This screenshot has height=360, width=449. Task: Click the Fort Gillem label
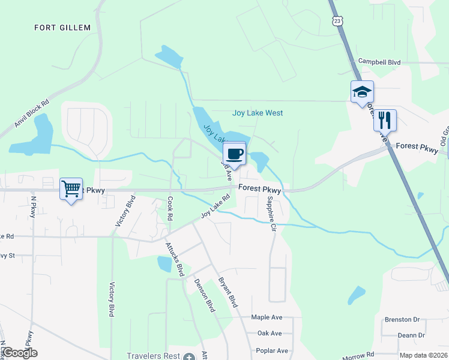click(62, 28)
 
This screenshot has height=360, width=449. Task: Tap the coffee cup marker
click(235, 154)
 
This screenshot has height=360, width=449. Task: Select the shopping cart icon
click(71, 189)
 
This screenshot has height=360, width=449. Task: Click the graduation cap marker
click(362, 92)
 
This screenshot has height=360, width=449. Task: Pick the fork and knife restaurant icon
click(385, 120)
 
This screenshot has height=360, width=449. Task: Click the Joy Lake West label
click(258, 113)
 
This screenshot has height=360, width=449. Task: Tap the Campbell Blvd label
click(379, 61)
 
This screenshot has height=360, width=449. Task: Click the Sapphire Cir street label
click(271, 207)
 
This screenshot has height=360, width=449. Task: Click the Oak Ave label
click(269, 334)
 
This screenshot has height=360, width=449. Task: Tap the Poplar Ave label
click(272, 350)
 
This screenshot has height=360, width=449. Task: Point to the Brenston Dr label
click(403, 320)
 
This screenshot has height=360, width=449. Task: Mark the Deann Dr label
click(411, 335)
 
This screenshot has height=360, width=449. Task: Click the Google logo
click(19, 353)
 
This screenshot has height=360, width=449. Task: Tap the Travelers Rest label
click(154, 356)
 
